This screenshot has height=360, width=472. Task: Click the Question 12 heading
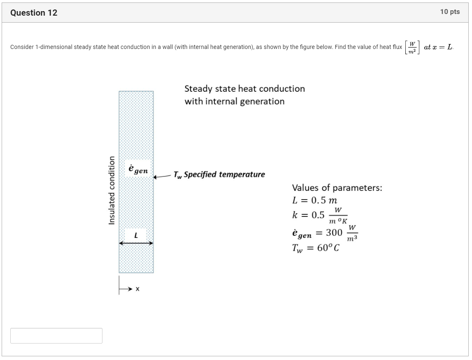pyautogui.click(x=34, y=13)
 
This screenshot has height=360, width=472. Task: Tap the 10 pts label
pyautogui.click(x=449, y=12)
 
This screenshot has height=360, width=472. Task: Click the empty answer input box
pyautogui.click(x=56, y=336)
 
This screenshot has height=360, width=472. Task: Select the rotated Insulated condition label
pyautogui.click(x=111, y=190)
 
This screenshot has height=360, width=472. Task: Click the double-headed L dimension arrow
pyautogui.click(x=136, y=243)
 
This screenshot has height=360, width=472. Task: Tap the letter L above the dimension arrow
pyautogui.click(x=136, y=235)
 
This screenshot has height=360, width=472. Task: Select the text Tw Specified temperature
pyautogui.click(x=219, y=174)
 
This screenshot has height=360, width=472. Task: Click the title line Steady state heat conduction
pyautogui.click(x=244, y=89)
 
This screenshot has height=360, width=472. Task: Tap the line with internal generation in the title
pyautogui.click(x=234, y=101)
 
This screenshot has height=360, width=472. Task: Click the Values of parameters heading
pyautogui.click(x=337, y=188)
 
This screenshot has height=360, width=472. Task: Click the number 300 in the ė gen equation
pyautogui.click(x=334, y=233)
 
